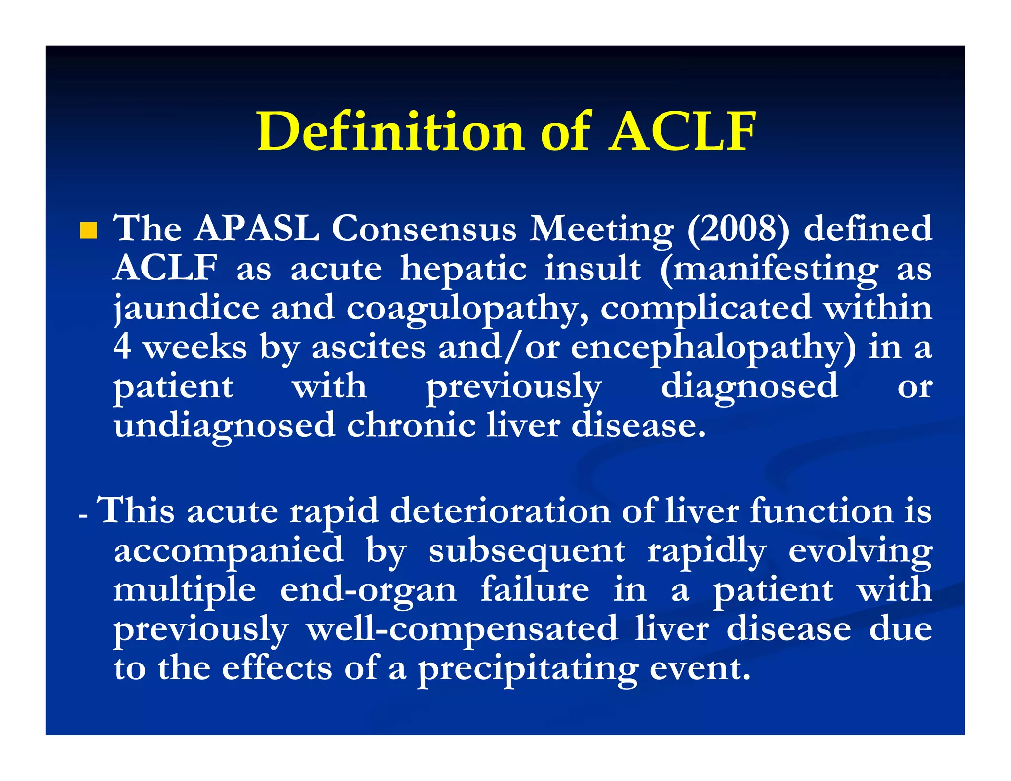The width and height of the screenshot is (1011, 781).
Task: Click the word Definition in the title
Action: [390, 131]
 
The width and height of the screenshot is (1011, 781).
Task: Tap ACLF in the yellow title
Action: [682, 131]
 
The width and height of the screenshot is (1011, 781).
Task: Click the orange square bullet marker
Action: [89, 231]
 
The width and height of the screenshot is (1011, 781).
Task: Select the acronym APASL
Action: [257, 229]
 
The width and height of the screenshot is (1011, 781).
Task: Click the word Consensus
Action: [425, 229]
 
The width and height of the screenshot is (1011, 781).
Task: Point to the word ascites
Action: [369, 347]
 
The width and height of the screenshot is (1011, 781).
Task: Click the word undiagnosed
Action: [225, 426]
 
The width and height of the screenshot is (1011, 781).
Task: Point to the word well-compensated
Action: [462, 630]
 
